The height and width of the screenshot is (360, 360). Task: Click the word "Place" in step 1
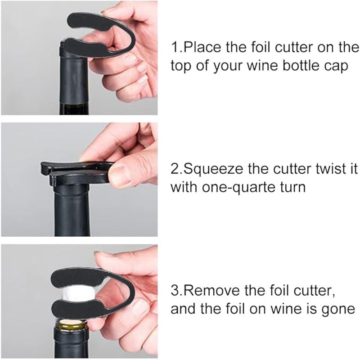coord(202,47)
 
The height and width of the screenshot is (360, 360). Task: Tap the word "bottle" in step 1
coord(301,66)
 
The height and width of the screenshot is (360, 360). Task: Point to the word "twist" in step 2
coord(331,169)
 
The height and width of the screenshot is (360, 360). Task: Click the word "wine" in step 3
coord(285,309)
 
